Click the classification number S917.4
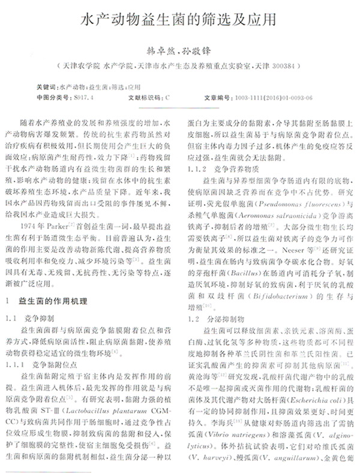[84, 97]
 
